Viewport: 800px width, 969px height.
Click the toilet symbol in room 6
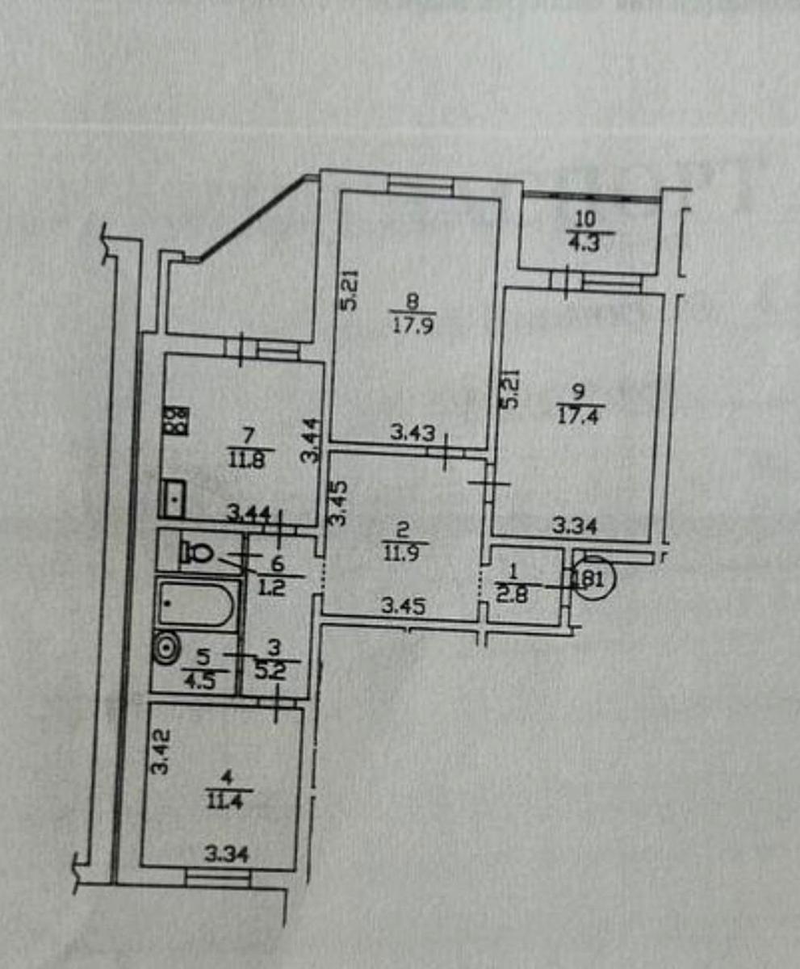pos(195,552)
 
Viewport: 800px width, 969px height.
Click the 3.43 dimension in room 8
pos(413,433)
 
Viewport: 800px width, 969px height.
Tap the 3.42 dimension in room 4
pos(161,752)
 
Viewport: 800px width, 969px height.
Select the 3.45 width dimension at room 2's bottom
pos(405,603)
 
